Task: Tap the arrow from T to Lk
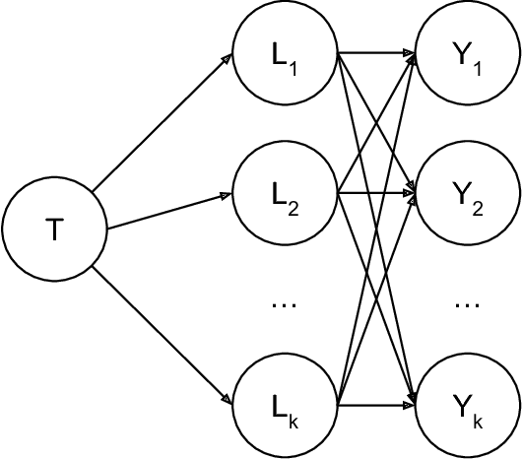163,335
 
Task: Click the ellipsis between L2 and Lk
284,305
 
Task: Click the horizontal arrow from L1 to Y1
376,56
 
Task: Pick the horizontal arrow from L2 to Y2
376,193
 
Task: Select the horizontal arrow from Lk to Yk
376,403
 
